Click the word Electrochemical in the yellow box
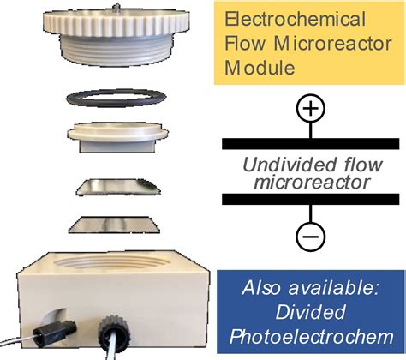(295, 20)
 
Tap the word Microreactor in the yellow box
(333, 44)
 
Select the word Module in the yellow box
(260, 68)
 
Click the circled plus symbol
(311, 109)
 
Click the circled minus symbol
(311, 237)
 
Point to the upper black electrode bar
(311, 143)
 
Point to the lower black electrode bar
(311, 199)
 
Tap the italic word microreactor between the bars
(312, 183)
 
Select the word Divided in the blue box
(310, 312)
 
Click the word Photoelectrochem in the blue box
(312, 337)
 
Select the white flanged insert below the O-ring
(117, 135)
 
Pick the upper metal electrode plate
(118, 187)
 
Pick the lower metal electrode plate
(114, 225)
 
